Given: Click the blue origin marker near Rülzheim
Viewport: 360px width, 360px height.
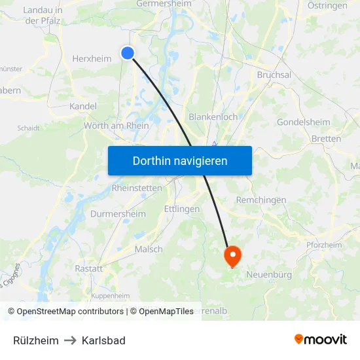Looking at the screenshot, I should [x=128, y=53].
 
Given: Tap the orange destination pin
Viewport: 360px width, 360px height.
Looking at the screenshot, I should [x=232, y=255].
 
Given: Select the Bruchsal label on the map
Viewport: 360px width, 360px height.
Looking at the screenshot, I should [x=274, y=75].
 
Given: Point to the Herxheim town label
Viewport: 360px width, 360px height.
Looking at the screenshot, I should [x=92, y=58].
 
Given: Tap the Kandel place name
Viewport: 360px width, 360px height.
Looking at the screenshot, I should [x=83, y=106].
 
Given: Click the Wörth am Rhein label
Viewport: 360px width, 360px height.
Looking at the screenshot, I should [x=117, y=126].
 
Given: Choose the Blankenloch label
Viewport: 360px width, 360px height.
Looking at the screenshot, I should [x=213, y=117].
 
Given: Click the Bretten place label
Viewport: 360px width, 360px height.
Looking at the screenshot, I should [x=326, y=139].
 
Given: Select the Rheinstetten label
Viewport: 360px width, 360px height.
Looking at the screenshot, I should [x=137, y=188].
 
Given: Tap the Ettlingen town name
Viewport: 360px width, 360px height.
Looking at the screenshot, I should [x=182, y=209].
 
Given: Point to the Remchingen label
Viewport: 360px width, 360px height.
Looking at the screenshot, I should [x=261, y=200].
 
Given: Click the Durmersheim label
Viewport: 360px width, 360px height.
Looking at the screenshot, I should [x=118, y=214].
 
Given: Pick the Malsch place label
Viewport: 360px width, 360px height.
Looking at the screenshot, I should [x=149, y=249].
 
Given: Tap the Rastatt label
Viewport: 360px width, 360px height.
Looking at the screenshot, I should [x=89, y=268].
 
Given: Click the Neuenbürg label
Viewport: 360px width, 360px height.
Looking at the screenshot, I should [x=269, y=275].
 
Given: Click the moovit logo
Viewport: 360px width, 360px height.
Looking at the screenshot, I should [x=321, y=339].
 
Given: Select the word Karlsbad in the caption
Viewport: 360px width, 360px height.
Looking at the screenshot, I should [x=103, y=340].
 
